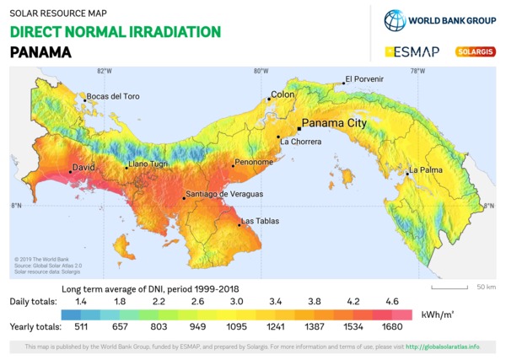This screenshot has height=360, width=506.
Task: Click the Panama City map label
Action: pyautogui.click(x=335, y=123)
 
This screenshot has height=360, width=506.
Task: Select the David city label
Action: pyautogui.click(x=83, y=168)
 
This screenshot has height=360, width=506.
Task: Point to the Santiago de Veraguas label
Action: pyautogui.click(x=224, y=194)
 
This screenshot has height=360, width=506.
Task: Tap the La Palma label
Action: pyautogui.click(x=426, y=170)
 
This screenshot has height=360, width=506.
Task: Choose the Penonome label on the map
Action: pyautogui.click(x=254, y=162)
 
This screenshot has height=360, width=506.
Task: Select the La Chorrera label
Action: pyautogui.click(x=301, y=142)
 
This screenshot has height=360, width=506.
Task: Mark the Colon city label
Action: pyautogui.click(x=283, y=94)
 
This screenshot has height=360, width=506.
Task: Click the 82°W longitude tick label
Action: pyautogui.click(x=105, y=71)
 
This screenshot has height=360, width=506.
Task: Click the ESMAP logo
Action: pyautogui.click(x=413, y=51)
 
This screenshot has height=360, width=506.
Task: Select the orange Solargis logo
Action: pyautogui.click(x=476, y=51)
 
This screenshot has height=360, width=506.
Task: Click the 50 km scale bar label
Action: pyautogui.click(x=486, y=287)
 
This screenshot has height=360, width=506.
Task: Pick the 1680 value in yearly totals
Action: pyautogui.click(x=393, y=326)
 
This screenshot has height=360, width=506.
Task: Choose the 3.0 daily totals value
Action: pyautogui.click(x=237, y=301)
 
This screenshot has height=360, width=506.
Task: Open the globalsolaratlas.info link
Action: pyautogui.click(x=443, y=347)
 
